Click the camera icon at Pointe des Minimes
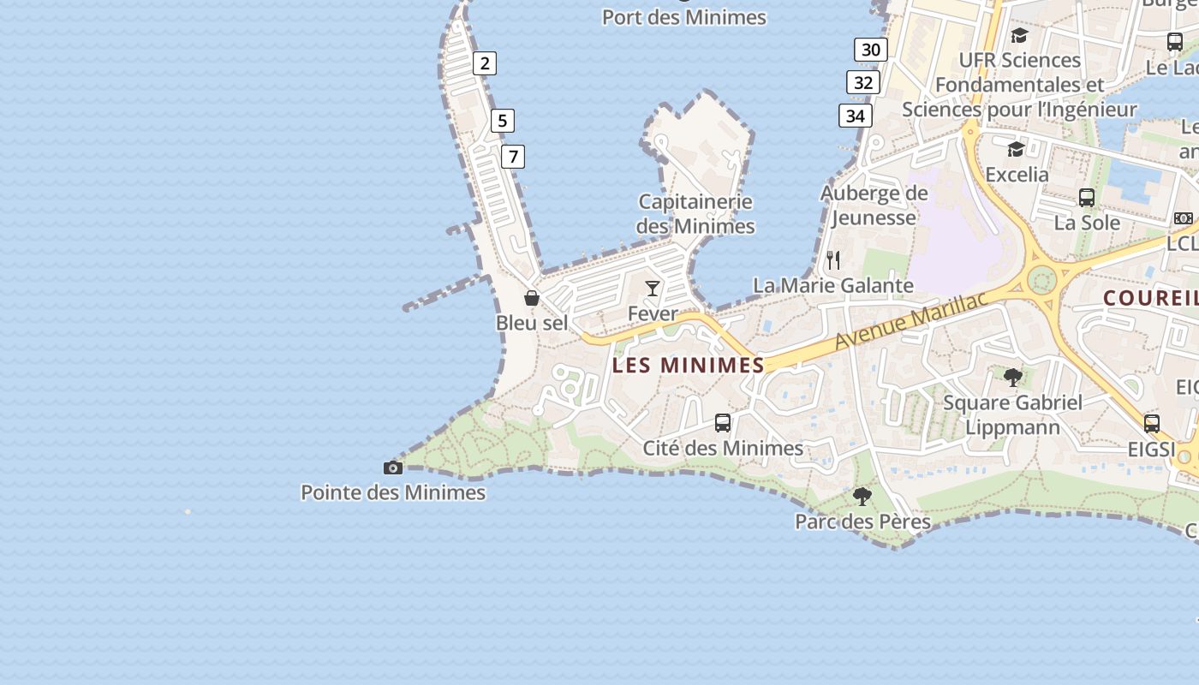pyautogui.click(x=393, y=468)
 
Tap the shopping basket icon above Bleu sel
pyautogui.click(x=532, y=298)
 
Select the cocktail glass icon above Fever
pyautogui.click(x=653, y=289)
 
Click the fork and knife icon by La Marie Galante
pyautogui.click(x=833, y=259)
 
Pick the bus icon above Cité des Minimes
pyautogui.click(x=723, y=423)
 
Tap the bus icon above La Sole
pyautogui.click(x=1087, y=198)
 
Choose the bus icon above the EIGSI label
pyautogui.click(x=1152, y=423)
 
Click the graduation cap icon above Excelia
pyautogui.click(x=1017, y=150)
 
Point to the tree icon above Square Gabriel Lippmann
pyautogui.click(x=1013, y=377)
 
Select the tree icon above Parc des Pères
pyautogui.click(x=862, y=496)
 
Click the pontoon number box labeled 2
pyautogui.click(x=485, y=63)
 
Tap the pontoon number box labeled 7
pyautogui.click(x=513, y=157)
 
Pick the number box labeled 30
pyautogui.click(x=871, y=50)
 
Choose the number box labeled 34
pyautogui.click(x=856, y=116)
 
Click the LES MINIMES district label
pyautogui.click(x=689, y=366)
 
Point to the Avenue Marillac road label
pyautogui.click(x=911, y=320)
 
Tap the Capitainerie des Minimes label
pyautogui.click(x=695, y=214)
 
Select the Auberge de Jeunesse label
pyautogui.click(x=874, y=205)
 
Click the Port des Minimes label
pyautogui.click(x=683, y=17)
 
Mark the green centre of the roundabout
pyautogui.click(x=1041, y=279)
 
